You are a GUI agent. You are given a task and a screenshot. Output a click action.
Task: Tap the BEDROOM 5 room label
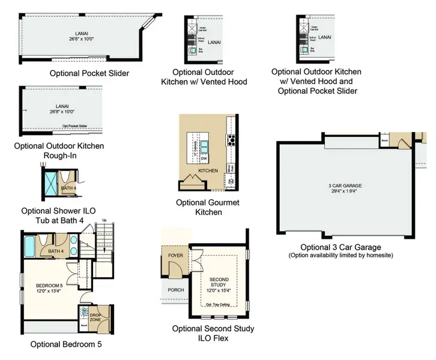click(50, 284)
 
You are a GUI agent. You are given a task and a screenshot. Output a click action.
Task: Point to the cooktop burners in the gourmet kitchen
click(231, 141)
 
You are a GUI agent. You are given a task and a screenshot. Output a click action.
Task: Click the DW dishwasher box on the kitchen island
click(204, 158)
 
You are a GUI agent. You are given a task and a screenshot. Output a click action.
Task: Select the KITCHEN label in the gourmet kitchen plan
click(208, 171)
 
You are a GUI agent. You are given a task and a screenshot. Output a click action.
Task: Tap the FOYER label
click(176, 255)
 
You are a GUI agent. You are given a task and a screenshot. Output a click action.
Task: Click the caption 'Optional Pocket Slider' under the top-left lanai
click(89, 73)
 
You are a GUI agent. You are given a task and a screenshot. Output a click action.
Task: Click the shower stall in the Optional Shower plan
click(52, 179)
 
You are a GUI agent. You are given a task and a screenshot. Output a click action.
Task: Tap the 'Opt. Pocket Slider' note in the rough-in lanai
click(75, 126)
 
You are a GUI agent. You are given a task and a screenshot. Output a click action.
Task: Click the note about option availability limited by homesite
click(341, 256)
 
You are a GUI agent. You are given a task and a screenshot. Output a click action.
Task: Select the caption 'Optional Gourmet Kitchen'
click(208, 207)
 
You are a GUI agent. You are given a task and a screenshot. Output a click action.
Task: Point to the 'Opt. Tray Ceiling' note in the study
click(219, 304)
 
